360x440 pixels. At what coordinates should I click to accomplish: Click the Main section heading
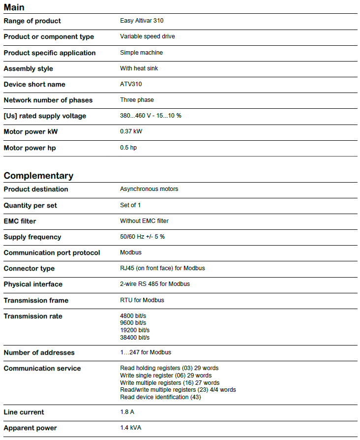[x=14, y=7]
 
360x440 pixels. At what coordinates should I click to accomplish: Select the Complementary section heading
[x=38, y=176]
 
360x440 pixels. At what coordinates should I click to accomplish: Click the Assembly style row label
[x=28, y=68]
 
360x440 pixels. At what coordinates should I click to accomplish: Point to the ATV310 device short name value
[x=131, y=84]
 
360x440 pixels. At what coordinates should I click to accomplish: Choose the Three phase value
[x=137, y=100]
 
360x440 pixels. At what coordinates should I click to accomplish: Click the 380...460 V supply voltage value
[x=150, y=116]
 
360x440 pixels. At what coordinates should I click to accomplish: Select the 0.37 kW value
[x=131, y=131]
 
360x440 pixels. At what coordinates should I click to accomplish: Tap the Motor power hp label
[x=30, y=148]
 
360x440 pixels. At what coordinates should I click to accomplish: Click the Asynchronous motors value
[x=149, y=189]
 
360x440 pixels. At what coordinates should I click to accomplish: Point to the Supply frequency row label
[x=32, y=237]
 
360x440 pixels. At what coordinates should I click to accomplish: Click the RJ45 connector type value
[x=162, y=268]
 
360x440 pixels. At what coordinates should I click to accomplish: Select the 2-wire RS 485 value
[x=155, y=284]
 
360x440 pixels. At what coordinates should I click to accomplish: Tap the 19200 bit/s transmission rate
[x=135, y=330]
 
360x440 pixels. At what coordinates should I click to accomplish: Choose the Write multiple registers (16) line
[x=170, y=382]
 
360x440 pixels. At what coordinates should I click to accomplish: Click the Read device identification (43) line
[x=160, y=397]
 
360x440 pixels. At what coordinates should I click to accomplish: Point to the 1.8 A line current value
[x=127, y=412]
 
